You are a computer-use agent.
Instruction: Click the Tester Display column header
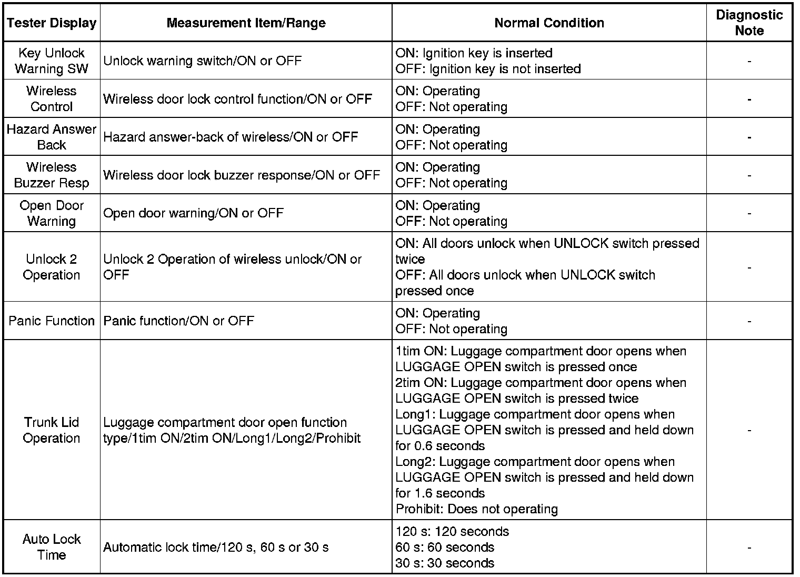point(52,23)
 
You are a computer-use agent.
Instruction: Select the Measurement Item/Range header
point(246,23)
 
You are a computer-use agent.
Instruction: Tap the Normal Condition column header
point(549,23)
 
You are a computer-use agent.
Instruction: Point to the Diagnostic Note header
point(749,23)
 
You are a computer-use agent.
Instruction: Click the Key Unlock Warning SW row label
point(52,61)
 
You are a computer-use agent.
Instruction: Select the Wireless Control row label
point(52,99)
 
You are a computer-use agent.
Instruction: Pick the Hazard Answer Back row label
point(52,137)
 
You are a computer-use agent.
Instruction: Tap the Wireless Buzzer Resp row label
point(52,175)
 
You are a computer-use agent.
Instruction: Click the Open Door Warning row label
point(52,213)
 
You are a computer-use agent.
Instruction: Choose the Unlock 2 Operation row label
point(52,267)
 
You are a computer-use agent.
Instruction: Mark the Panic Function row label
point(52,321)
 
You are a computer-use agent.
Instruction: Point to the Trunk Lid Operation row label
point(52,430)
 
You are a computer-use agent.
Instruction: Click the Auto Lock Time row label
point(52,547)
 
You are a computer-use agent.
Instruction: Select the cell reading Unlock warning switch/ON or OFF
point(203,61)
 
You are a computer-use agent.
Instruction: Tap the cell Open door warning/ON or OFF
point(193,213)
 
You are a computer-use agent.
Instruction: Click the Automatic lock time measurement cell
point(216,548)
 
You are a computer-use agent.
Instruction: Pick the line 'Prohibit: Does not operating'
point(476,509)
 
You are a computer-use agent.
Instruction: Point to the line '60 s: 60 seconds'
point(445,548)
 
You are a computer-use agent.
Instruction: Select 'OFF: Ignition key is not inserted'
point(488,69)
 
